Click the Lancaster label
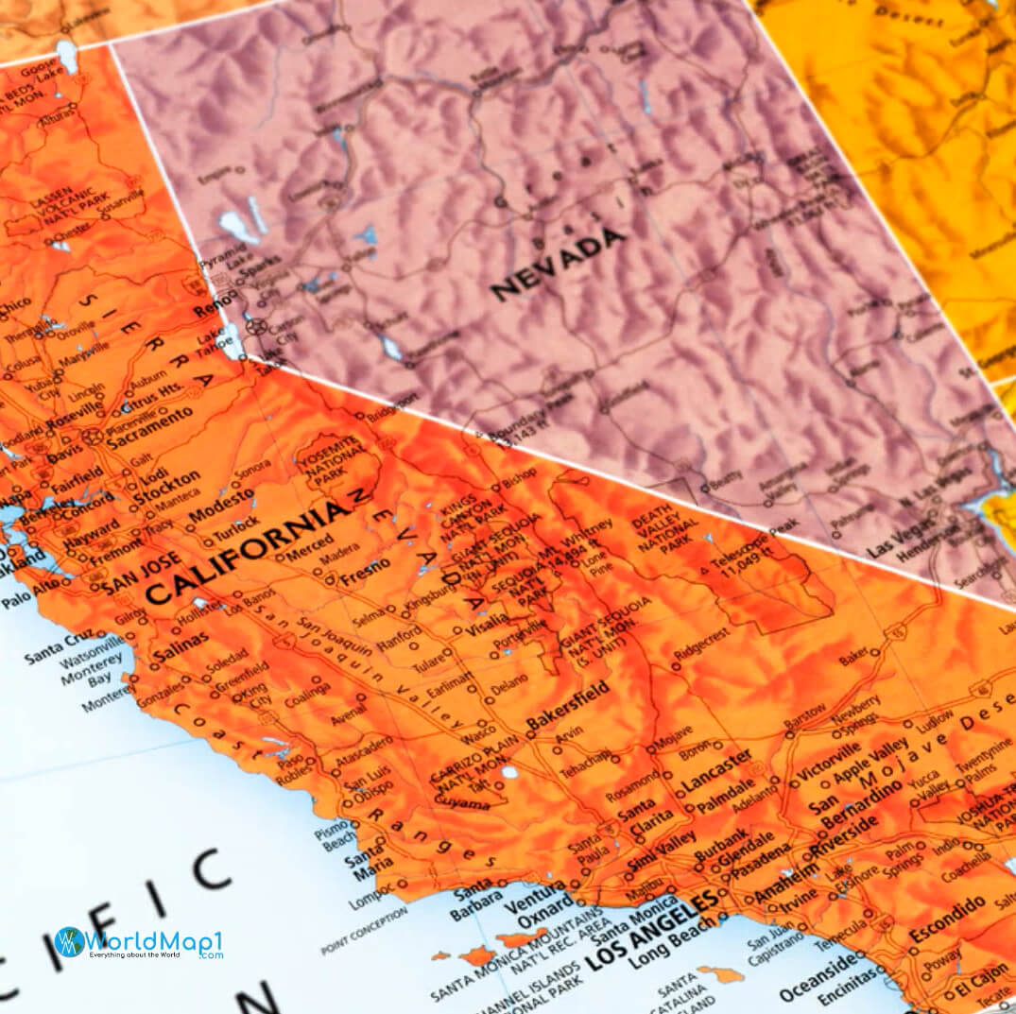(x=715, y=770)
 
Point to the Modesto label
(x=222, y=506)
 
